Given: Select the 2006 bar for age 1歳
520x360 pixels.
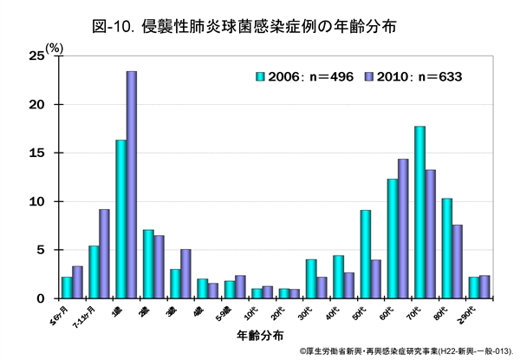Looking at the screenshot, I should point(121,219).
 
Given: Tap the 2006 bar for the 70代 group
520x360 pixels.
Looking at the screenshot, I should point(419,213).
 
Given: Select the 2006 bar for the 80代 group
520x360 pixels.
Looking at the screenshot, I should point(447,248).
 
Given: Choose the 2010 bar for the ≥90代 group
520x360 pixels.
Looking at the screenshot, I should point(484,287).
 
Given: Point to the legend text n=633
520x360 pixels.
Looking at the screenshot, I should point(437,75).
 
